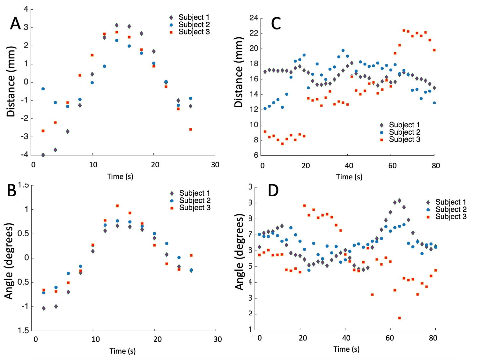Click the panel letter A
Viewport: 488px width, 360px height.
pyautogui.click(x=15, y=24)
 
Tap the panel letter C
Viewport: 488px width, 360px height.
pyautogui.click(x=276, y=24)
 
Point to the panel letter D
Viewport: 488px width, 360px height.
pyautogui.click(x=273, y=191)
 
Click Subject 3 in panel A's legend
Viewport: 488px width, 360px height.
pyautogui.click(x=194, y=32)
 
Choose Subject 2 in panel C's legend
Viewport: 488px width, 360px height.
pyautogui.click(x=404, y=132)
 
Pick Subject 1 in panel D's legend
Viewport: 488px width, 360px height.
pyautogui.click(x=451, y=202)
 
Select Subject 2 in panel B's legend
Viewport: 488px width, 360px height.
pyautogui.click(x=195, y=200)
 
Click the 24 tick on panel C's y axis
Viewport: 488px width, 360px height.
pyautogui.click(x=254, y=18)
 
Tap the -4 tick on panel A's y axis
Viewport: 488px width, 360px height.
pyautogui.click(x=25, y=155)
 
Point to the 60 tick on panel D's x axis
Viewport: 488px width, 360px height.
pyautogui.click(x=390, y=338)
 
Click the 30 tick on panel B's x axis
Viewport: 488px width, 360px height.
pyautogui.click(x=218, y=339)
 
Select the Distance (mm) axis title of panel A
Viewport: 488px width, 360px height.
pyautogui.click(x=11, y=82)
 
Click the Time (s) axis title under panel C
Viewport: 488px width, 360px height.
pyautogui.click(x=349, y=177)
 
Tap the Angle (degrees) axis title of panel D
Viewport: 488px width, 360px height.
pyautogui.click(x=240, y=252)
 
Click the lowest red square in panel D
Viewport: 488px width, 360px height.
pyautogui.click(x=399, y=318)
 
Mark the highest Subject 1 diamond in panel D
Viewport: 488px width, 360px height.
pyautogui.click(x=399, y=201)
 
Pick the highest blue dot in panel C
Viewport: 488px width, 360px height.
pyautogui.click(x=343, y=50)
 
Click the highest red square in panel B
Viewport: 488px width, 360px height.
pyautogui.click(x=117, y=206)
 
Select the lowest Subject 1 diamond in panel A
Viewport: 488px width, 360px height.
pyautogui.click(x=43, y=155)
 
